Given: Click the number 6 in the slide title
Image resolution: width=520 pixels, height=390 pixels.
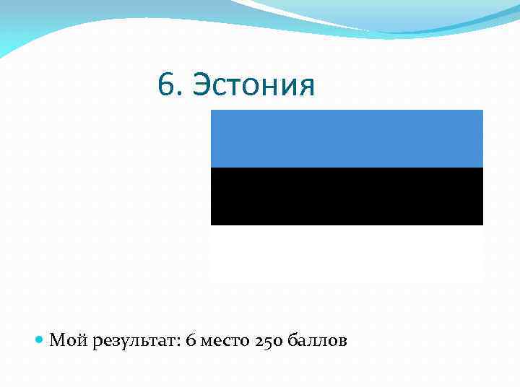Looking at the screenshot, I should point(165,87).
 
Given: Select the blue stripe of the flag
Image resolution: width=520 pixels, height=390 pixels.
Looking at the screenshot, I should point(347,139).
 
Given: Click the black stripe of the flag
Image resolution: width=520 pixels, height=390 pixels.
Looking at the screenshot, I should point(347,196).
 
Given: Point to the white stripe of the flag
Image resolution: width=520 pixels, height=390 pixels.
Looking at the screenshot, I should point(347,253).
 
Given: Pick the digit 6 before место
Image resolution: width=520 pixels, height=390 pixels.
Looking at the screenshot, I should point(190,340).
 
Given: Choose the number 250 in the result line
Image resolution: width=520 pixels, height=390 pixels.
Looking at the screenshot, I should point(269,340).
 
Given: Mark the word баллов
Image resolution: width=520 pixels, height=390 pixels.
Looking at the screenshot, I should point(317,340).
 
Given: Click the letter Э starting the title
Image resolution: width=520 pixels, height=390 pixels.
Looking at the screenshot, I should point(204,87).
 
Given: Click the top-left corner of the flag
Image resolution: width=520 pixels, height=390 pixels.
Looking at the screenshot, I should point(212,111).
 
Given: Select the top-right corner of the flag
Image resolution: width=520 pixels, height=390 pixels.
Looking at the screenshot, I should point(482,111).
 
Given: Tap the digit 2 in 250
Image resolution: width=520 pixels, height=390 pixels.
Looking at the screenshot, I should point(259,340).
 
